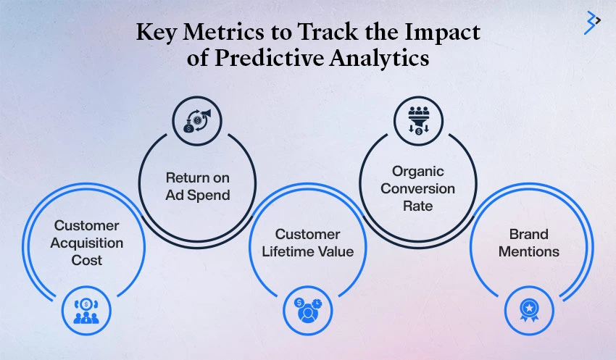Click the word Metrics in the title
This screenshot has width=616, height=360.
[x=223, y=32]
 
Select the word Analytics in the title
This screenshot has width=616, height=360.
[x=379, y=59]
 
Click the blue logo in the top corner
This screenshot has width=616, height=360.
[x=592, y=22]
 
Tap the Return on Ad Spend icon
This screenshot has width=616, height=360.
[x=197, y=121]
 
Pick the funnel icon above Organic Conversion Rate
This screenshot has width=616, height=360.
[x=418, y=120]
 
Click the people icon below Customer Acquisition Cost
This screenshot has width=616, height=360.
[x=86, y=311]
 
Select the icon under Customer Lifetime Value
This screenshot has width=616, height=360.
[x=308, y=311]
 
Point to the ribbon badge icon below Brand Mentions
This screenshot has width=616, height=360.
[x=529, y=311]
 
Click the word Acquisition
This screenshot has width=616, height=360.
[x=87, y=243]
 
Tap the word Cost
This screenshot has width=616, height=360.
[x=87, y=260]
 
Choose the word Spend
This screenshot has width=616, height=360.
[x=209, y=196]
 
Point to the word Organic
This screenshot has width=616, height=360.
[x=418, y=172]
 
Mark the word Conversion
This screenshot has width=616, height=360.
[x=418, y=189]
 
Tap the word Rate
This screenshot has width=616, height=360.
[x=418, y=206]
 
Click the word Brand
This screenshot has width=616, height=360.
[x=529, y=235]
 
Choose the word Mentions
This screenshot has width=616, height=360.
[x=529, y=251]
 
